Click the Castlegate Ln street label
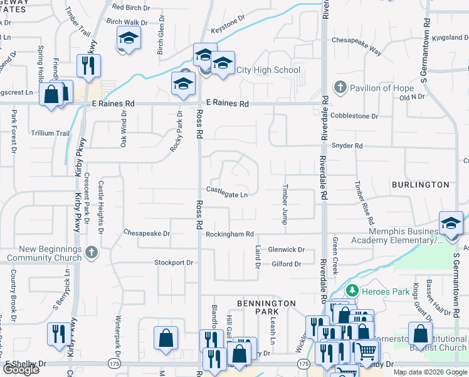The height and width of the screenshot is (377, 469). pyautogui.click(x=226, y=195)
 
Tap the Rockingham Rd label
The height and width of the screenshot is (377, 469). pyautogui.click(x=229, y=234)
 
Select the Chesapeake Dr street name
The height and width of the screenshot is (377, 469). pyautogui.click(x=147, y=233)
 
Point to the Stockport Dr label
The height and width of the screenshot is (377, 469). pyautogui.click(x=174, y=263)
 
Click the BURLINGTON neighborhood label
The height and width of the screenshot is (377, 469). pyautogui.click(x=420, y=185)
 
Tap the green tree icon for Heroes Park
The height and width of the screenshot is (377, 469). pyautogui.click(x=352, y=290)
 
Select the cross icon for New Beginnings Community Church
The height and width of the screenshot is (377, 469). pyautogui.click(x=92, y=252)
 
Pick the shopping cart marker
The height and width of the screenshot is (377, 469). pyautogui.click(x=366, y=350)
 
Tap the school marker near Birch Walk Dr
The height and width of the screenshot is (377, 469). pyautogui.click(x=129, y=38)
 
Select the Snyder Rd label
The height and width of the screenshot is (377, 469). pyautogui.click(x=347, y=146)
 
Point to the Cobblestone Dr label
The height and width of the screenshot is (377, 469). pyautogui.click(x=354, y=116)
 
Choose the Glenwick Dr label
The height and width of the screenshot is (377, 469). pyautogui.click(x=286, y=249)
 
